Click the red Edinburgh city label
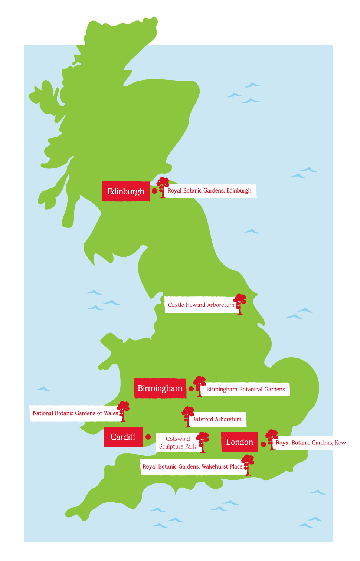click(x=126, y=191)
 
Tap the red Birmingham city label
click(x=160, y=388)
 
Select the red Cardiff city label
click(x=123, y=437)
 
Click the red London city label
click(x=239, y=442)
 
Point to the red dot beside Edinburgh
click(x=154, y=191)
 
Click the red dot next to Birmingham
click(x=191, y=389)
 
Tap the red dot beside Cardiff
click(x=148, y=437)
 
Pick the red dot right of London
click(x=263, y=444)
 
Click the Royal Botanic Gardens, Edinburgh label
click(x=210, y=191)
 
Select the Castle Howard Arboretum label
click(x=200, y=305)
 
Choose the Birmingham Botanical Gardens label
click(x=246, y=389)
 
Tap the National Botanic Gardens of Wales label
click(x=75, y=413)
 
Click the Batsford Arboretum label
click(x=217, y=419)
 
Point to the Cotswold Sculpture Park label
click(x=177, y=443)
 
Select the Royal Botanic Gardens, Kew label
click(x=311, y=443)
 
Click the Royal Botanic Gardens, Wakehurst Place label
click(x=192, y=466)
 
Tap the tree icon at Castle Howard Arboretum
click(x=240, y=304)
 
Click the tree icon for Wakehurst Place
click(x=248, y=464)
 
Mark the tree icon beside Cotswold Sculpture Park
click(x=203, y=442)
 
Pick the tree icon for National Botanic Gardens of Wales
click(x=123, y=411)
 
